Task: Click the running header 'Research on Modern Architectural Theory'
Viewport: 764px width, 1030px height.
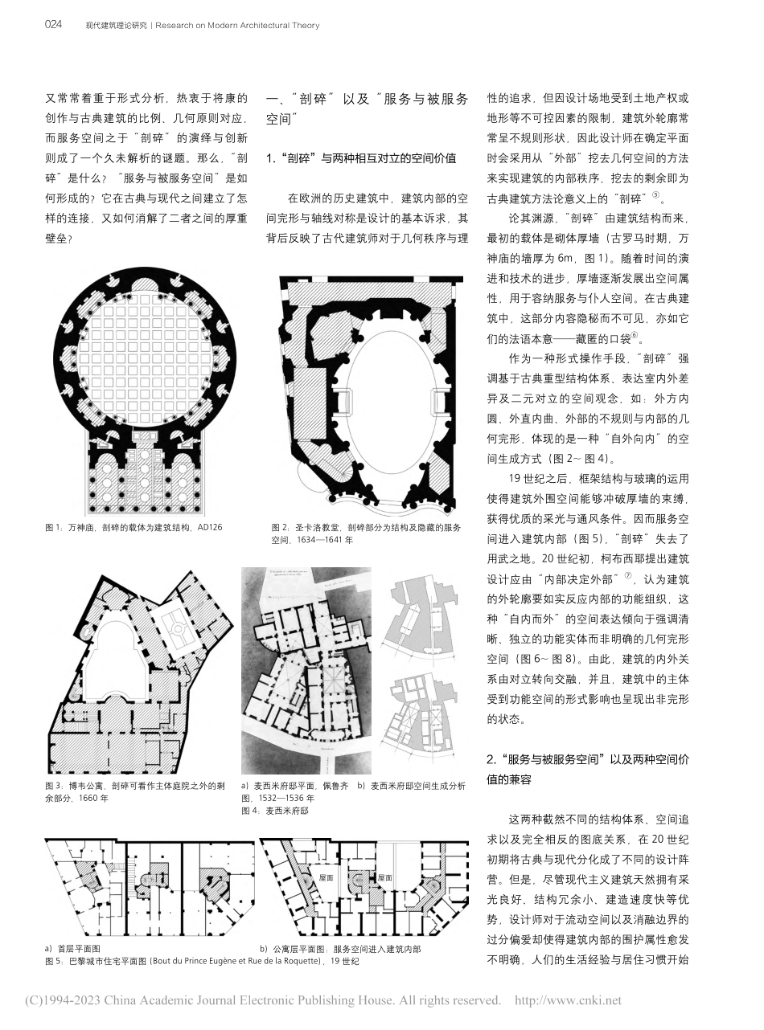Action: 237,26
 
